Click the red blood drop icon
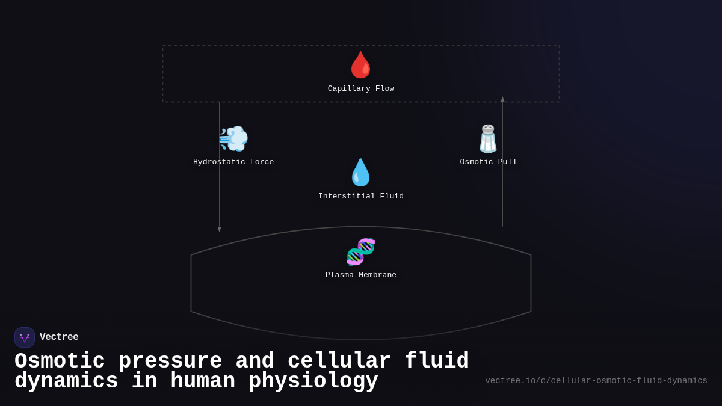360,65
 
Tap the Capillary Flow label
361,89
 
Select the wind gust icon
233,139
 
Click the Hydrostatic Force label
233,162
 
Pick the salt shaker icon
488,139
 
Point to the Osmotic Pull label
489,162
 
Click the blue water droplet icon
360,173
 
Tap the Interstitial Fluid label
361,197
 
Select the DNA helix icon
360,251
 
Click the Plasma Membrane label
361,275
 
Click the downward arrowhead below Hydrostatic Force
219,229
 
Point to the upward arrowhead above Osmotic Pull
502,99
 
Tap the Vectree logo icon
25,337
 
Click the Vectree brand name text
59,337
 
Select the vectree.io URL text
596,381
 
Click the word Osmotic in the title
60,361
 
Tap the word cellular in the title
339,361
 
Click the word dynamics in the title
66,381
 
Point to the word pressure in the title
170,361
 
